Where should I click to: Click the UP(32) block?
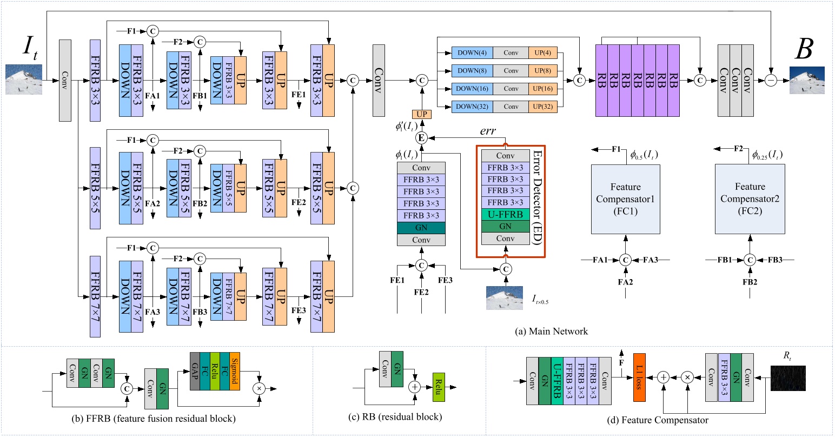pyautogui.click(x=543, y=107)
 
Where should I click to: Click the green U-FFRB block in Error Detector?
pyautogui.click(x=505, y=215)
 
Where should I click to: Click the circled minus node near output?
pyautogui.click(x=771, y=80)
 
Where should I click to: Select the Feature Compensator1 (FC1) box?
pyautogui.click(x=625, y=200)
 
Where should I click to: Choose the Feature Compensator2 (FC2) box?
pyautogui.click(x=750, y=200)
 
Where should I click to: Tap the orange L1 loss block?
pyautogui.click(x=639, y=377)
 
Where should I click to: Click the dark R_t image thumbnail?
pyautogui.click(x=788, y=378)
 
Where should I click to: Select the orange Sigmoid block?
pyautogui.click(x=234, y=371)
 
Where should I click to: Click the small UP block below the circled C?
pyautogui.click(x=421, y=114)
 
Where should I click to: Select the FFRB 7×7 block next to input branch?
pyautogui.click(x=96, y=296)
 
